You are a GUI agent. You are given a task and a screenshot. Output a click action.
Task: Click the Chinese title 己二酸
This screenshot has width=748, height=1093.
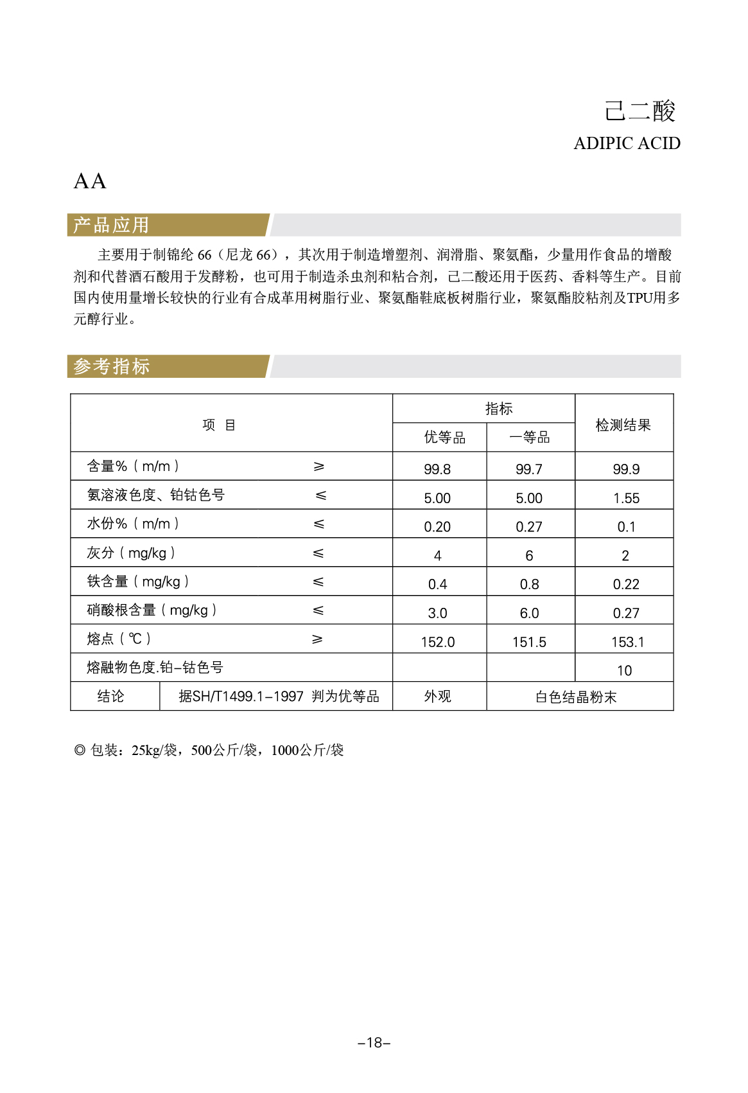(639, 111)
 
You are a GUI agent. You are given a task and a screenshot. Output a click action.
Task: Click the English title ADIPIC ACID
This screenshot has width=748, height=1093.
(627, 143)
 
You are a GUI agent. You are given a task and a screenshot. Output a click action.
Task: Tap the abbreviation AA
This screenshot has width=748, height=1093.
(90, 182)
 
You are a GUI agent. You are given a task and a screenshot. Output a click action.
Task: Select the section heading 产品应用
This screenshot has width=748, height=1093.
(111, 226)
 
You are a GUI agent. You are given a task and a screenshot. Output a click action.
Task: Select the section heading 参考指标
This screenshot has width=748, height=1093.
(111, 367)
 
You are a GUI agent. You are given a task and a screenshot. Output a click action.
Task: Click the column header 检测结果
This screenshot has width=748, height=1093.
(623, 425)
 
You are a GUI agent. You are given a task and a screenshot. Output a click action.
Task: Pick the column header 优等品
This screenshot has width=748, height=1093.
(444, 438)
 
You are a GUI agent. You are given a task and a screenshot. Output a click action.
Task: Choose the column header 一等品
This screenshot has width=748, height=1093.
(529, 438)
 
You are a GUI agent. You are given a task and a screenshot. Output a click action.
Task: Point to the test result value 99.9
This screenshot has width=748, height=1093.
(626, 470)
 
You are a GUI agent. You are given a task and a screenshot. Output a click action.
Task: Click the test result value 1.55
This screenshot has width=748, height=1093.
(626, 499)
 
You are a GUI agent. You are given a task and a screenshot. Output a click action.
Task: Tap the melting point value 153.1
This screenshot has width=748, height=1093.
(627, 643)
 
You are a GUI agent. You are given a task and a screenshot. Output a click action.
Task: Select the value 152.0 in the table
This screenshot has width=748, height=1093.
(438, 643)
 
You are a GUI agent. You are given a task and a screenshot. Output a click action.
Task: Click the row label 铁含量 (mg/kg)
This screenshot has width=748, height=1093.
(137, 582)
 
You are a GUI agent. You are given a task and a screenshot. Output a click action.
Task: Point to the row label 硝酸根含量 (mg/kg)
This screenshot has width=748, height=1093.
(152, 610)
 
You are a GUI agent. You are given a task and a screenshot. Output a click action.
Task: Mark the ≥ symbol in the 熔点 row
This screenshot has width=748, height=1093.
(317, 639)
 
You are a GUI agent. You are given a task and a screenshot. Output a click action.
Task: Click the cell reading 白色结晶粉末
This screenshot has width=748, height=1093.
(576, 697)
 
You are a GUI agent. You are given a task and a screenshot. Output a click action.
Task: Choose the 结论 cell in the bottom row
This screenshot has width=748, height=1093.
(110, 697)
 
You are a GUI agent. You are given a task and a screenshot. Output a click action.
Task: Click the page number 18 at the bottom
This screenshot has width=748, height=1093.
(374, 1043)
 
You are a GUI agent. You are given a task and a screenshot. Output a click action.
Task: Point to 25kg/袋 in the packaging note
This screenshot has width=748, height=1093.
(154, 751)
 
